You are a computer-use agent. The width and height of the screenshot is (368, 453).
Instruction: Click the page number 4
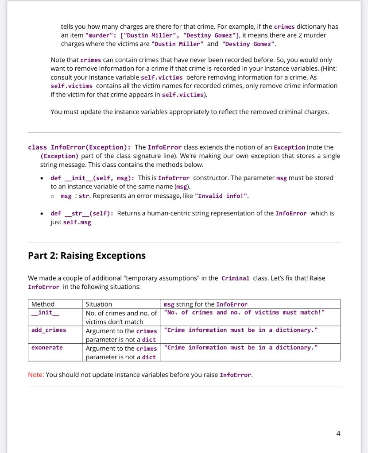(x=338, y=434)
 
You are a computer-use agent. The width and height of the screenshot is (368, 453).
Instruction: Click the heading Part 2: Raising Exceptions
(x=87, y=256)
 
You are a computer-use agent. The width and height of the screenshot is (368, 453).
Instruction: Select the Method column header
(x=43, y=304)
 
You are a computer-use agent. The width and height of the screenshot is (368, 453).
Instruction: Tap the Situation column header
(x=99, y=304)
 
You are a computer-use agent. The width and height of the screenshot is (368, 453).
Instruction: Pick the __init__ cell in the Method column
(x=42, y=313)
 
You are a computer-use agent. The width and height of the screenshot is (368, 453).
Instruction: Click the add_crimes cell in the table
(x=49, y=330)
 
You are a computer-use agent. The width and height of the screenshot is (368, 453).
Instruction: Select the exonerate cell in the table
(x=47, y=348)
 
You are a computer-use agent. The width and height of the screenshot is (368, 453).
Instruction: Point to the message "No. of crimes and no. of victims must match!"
(x=244, y=313)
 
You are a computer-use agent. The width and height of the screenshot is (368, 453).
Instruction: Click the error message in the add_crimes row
(x=240, y=330)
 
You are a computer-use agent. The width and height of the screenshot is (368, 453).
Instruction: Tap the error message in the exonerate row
(x=240, y=348)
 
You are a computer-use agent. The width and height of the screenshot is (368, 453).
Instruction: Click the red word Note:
(x=36, y=375)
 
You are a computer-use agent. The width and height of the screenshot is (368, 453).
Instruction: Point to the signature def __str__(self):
(x=82, y=213)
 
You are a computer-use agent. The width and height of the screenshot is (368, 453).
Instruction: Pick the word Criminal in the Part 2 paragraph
(x=235, y=278)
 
